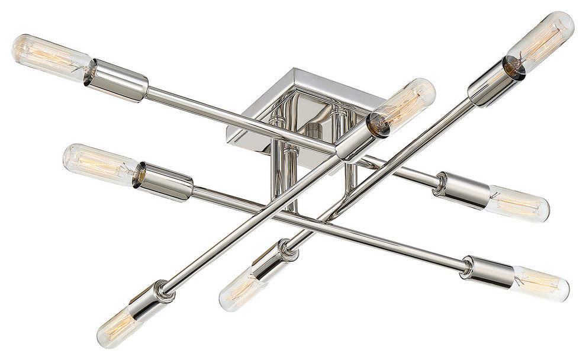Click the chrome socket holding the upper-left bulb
pyautogui.click(x=117, y=80)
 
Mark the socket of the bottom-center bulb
pyautogui.click(x=272, y=259)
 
